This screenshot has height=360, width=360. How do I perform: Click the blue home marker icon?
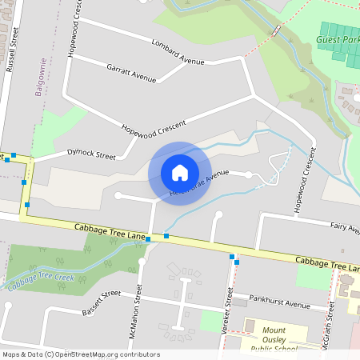point(180,172)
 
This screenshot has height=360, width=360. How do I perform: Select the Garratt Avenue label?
point(131,73)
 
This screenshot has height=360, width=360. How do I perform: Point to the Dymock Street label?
point(91,151)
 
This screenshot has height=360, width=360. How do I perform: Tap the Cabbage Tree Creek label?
point(42,279)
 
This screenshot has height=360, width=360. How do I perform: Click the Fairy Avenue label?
point(344,229)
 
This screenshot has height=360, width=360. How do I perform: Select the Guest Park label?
point(338,39)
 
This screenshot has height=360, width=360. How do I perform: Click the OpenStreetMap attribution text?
point(80,354)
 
